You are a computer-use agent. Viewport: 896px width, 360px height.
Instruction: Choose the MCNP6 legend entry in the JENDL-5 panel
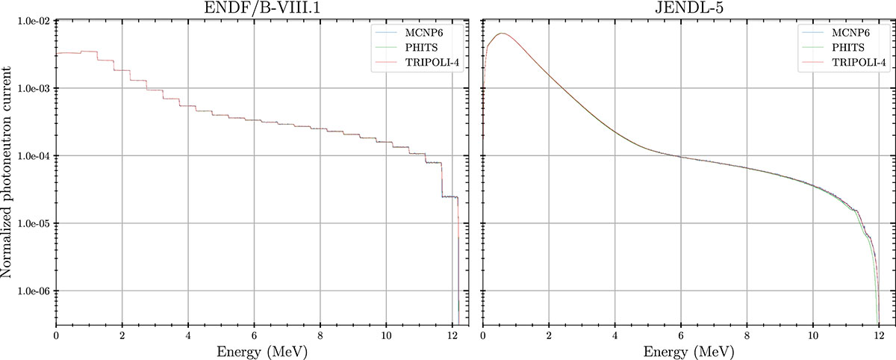click(x=848, y=34)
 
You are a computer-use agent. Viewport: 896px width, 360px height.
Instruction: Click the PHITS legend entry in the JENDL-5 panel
click(x=845, y=49)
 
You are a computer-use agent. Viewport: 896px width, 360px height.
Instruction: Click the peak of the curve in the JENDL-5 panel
click(x=503, y=34)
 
